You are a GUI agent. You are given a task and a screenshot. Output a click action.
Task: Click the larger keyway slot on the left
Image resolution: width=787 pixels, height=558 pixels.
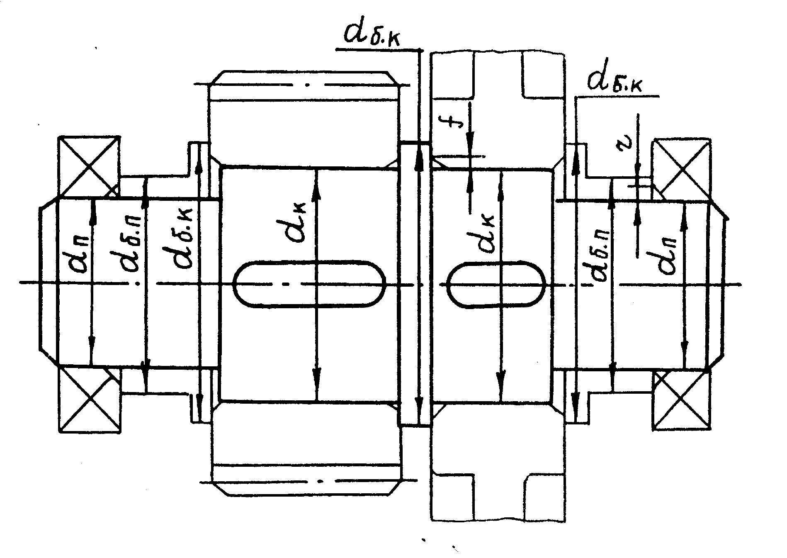pyautogui.click(x=309, y=284)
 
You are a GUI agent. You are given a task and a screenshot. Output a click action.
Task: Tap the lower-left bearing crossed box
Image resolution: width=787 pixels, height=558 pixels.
pyautogui.click(x=89, y=400)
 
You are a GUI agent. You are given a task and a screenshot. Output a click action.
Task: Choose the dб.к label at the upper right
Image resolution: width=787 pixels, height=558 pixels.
pyautogui.click(x=615, y=82)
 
